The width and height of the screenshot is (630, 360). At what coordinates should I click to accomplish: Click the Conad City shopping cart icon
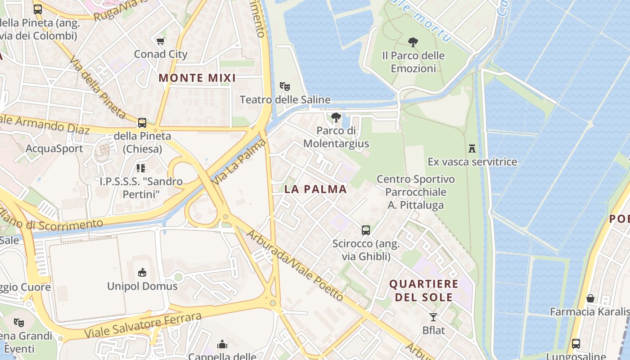point(160,41)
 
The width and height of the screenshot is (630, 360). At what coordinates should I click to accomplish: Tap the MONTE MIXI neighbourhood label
point(197,78)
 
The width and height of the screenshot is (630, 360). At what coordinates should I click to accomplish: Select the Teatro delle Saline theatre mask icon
point(284,86)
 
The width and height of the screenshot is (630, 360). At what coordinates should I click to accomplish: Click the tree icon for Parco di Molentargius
point(336,117)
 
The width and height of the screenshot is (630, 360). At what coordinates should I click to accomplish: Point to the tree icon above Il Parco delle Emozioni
point(413,42)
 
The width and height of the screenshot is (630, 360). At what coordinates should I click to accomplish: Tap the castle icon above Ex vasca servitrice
point(472,148)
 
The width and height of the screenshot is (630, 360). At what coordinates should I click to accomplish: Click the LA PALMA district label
point(315,189)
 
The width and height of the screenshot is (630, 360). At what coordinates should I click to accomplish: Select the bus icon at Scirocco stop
point(366,230)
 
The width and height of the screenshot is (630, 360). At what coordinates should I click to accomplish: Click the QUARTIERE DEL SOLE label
point(423,291)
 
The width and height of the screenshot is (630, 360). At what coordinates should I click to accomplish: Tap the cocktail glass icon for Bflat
point(433,317)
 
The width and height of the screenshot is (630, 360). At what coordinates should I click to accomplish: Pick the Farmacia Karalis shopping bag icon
point(590,298)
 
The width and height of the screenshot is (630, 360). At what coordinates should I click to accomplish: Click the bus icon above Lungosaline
point(576,344)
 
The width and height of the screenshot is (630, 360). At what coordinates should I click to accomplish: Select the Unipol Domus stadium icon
point(142,272)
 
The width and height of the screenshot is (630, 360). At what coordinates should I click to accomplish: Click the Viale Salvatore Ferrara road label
point(143,326)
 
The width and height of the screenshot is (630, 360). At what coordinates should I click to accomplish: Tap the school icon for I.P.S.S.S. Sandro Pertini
point(141,168)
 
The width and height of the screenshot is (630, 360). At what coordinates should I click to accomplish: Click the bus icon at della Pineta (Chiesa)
point(142,122)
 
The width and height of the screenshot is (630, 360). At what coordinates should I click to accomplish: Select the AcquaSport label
point(54,149)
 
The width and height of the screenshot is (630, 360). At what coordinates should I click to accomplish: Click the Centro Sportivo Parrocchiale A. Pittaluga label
point(416,192)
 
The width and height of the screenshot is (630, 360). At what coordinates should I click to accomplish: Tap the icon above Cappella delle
point(222,344)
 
